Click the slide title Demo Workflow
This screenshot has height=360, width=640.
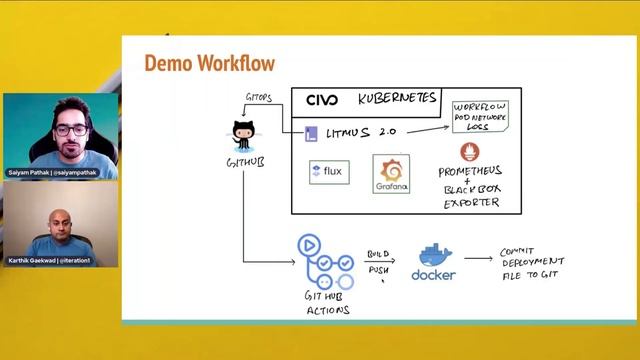coord(209,63)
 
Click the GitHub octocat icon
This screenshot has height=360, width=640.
coord(244,134)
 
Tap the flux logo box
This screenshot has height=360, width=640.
coord(329,171)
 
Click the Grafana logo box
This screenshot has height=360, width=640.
coord(391,174)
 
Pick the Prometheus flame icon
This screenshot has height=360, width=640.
coord(470,153)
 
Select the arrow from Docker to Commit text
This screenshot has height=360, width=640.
coord(478,258)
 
